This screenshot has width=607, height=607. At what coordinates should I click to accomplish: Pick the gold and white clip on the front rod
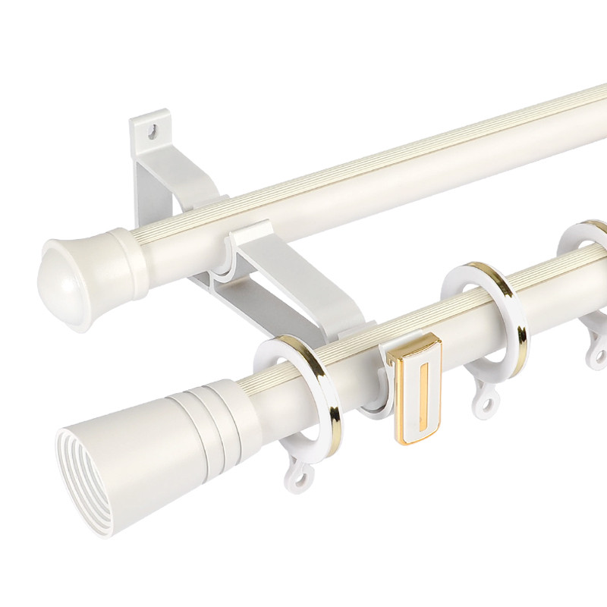[414, 387]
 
